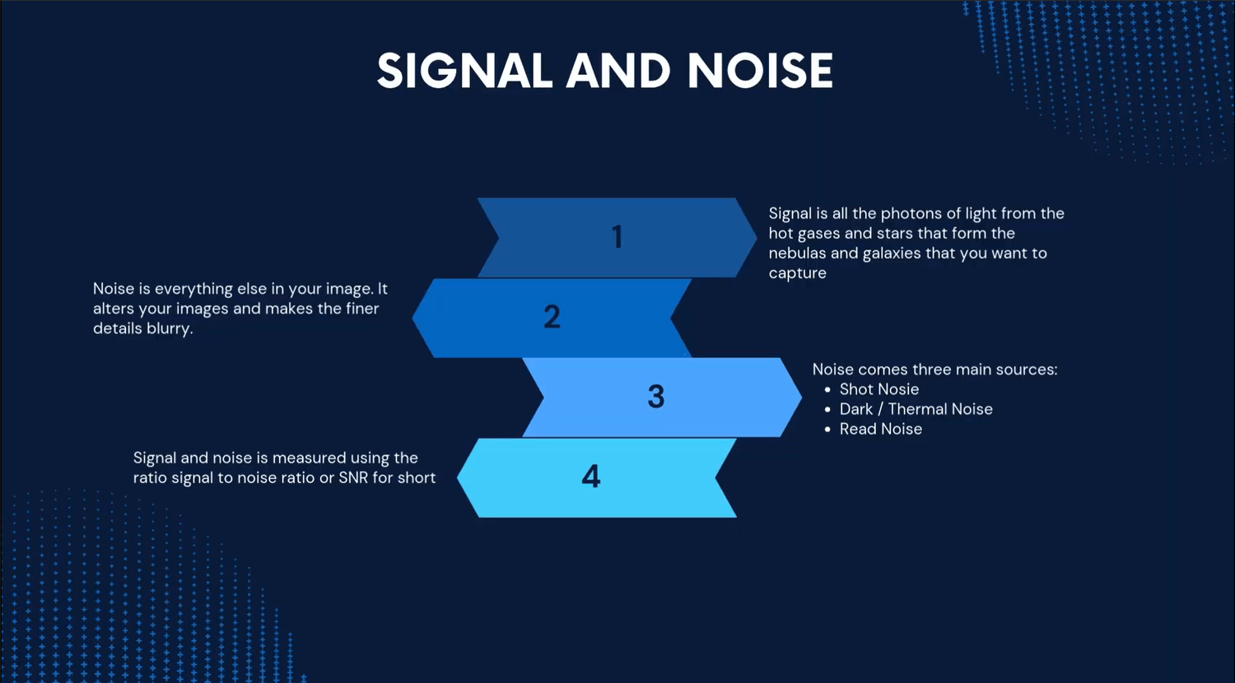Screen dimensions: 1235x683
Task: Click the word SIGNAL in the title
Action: (464, 71)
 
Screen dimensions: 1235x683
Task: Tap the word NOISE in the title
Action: (760, 71)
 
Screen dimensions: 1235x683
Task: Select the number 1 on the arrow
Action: (617, 237)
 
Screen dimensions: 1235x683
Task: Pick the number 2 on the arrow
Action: (552, 317)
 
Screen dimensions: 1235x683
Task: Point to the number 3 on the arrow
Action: (656, 397)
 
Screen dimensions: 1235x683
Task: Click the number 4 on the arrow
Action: (591, 476)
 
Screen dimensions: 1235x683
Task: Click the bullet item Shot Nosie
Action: (878, 389)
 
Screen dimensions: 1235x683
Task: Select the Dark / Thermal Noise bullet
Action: (916, 409)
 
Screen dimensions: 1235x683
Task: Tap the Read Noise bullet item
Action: (880, 429)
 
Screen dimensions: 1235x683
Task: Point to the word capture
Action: (797, 274)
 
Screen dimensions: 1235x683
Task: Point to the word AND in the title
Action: (618, 71)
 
